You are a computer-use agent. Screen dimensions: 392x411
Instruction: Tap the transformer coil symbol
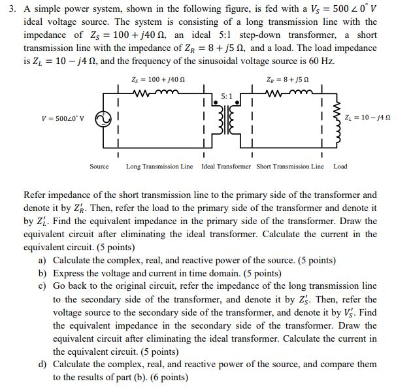227,120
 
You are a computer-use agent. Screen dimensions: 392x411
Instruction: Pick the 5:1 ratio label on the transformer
226,96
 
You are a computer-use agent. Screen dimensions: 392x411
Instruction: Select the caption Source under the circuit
99,167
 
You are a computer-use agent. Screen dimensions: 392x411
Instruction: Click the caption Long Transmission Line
159,167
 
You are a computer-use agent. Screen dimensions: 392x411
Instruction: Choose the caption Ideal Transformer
225,167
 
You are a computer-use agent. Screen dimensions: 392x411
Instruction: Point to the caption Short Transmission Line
289,167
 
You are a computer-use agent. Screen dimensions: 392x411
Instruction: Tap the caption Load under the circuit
340,167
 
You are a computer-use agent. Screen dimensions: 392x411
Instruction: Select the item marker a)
43,261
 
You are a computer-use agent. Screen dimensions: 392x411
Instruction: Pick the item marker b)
43,274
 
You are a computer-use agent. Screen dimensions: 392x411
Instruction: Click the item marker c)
43,287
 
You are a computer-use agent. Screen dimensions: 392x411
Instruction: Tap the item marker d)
43,365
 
